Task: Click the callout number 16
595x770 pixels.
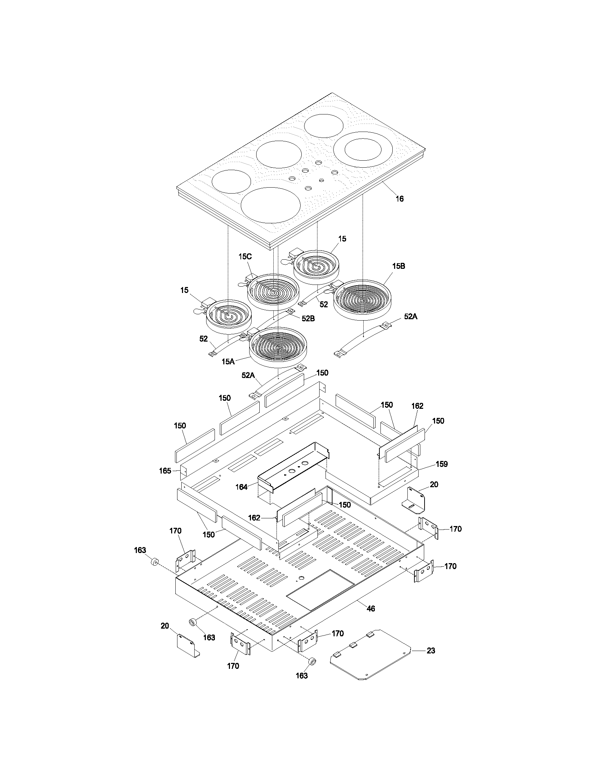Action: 399,199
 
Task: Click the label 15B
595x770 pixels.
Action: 398,266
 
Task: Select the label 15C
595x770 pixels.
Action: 245,257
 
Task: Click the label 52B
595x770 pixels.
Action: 308,318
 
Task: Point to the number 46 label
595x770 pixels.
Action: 371,609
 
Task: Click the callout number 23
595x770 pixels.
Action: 431,651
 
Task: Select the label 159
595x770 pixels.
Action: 441,464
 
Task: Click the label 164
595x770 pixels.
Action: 241,487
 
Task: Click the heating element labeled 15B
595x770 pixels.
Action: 362,300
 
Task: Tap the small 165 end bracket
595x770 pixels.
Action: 184,471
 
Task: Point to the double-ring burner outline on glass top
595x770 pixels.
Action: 363,150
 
